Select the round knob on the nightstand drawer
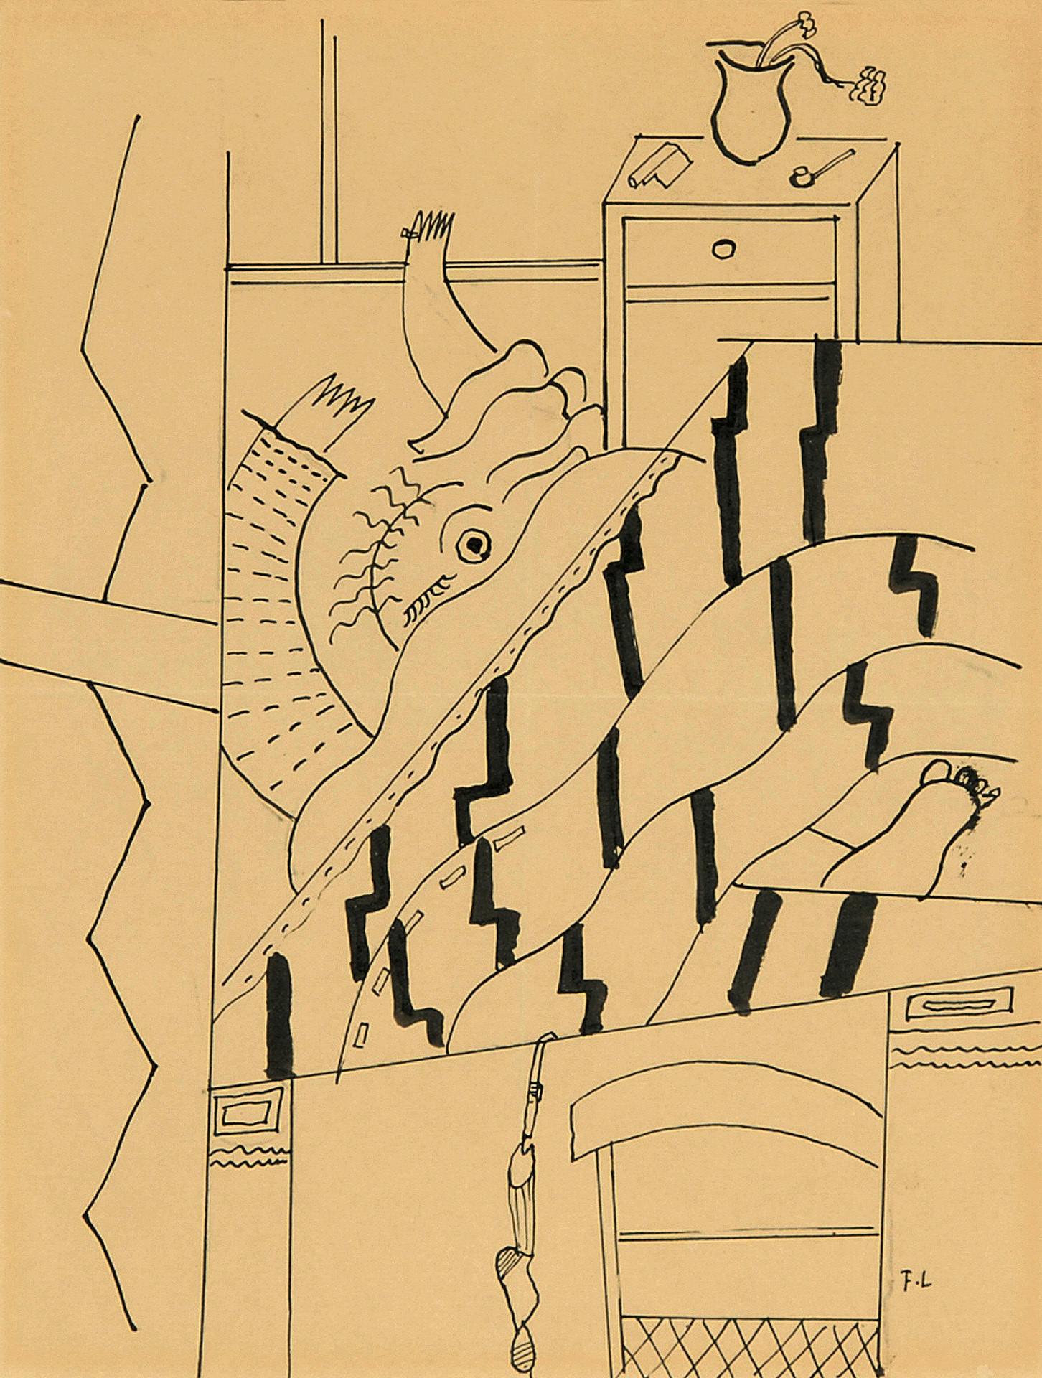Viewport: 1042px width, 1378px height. [x=723, y=248]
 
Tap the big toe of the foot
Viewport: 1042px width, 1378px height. [x=935, y=773]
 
